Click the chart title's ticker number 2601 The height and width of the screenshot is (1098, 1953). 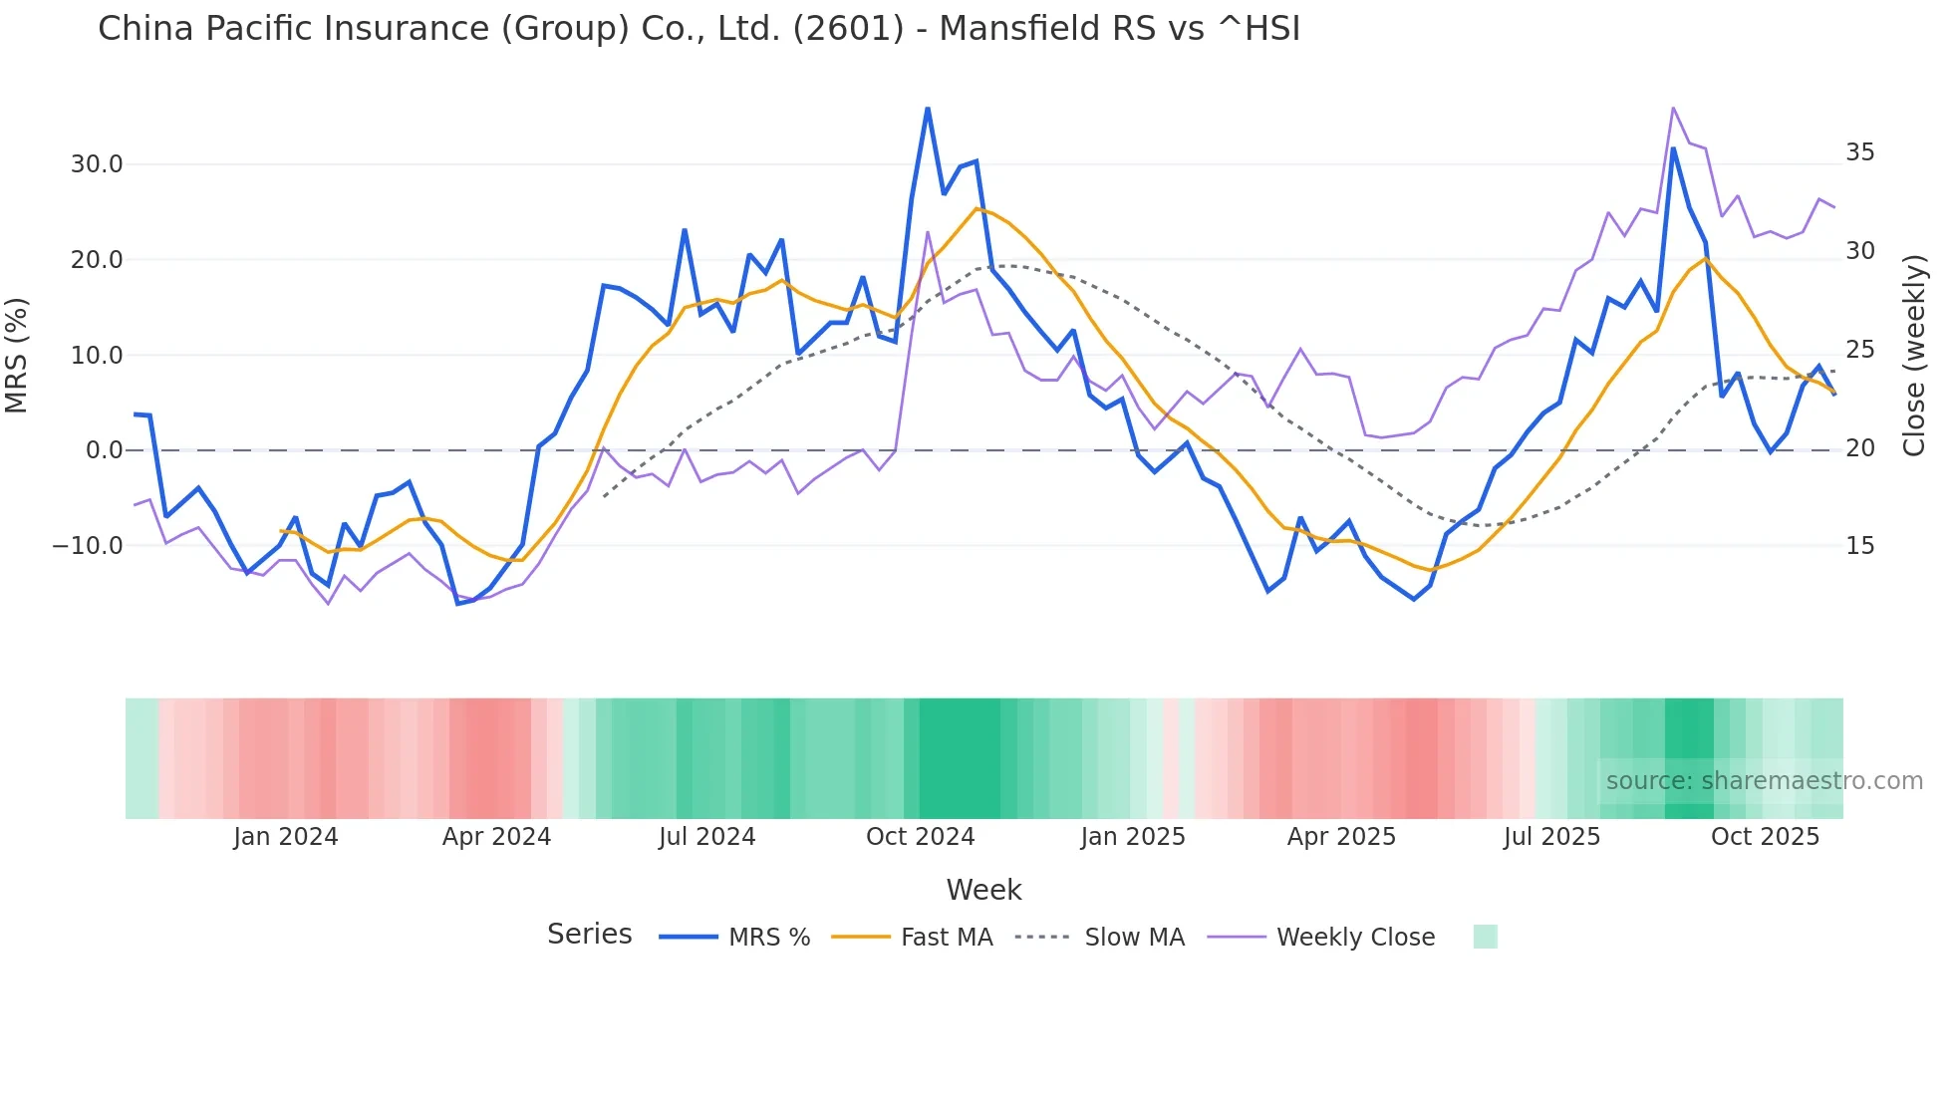848,29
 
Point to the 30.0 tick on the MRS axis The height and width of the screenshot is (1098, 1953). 97,164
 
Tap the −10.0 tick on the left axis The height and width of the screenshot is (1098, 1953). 89,546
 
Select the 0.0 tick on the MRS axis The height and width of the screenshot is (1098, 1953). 105,450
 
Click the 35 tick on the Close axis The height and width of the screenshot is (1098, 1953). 1859,152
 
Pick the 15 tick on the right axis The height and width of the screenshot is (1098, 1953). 1859,546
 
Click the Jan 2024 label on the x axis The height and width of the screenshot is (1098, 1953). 286,837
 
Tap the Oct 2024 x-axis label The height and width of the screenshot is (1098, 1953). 920,837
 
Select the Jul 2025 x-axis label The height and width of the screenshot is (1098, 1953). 1551,837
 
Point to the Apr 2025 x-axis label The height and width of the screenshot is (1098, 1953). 1341,837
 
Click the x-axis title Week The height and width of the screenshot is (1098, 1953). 983,890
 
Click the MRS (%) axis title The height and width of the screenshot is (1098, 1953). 17,355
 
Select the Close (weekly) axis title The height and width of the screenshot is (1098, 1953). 1914,355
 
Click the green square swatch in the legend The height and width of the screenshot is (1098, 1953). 1485,937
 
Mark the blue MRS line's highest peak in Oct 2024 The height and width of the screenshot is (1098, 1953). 928,109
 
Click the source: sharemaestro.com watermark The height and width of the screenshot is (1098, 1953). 1764,781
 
